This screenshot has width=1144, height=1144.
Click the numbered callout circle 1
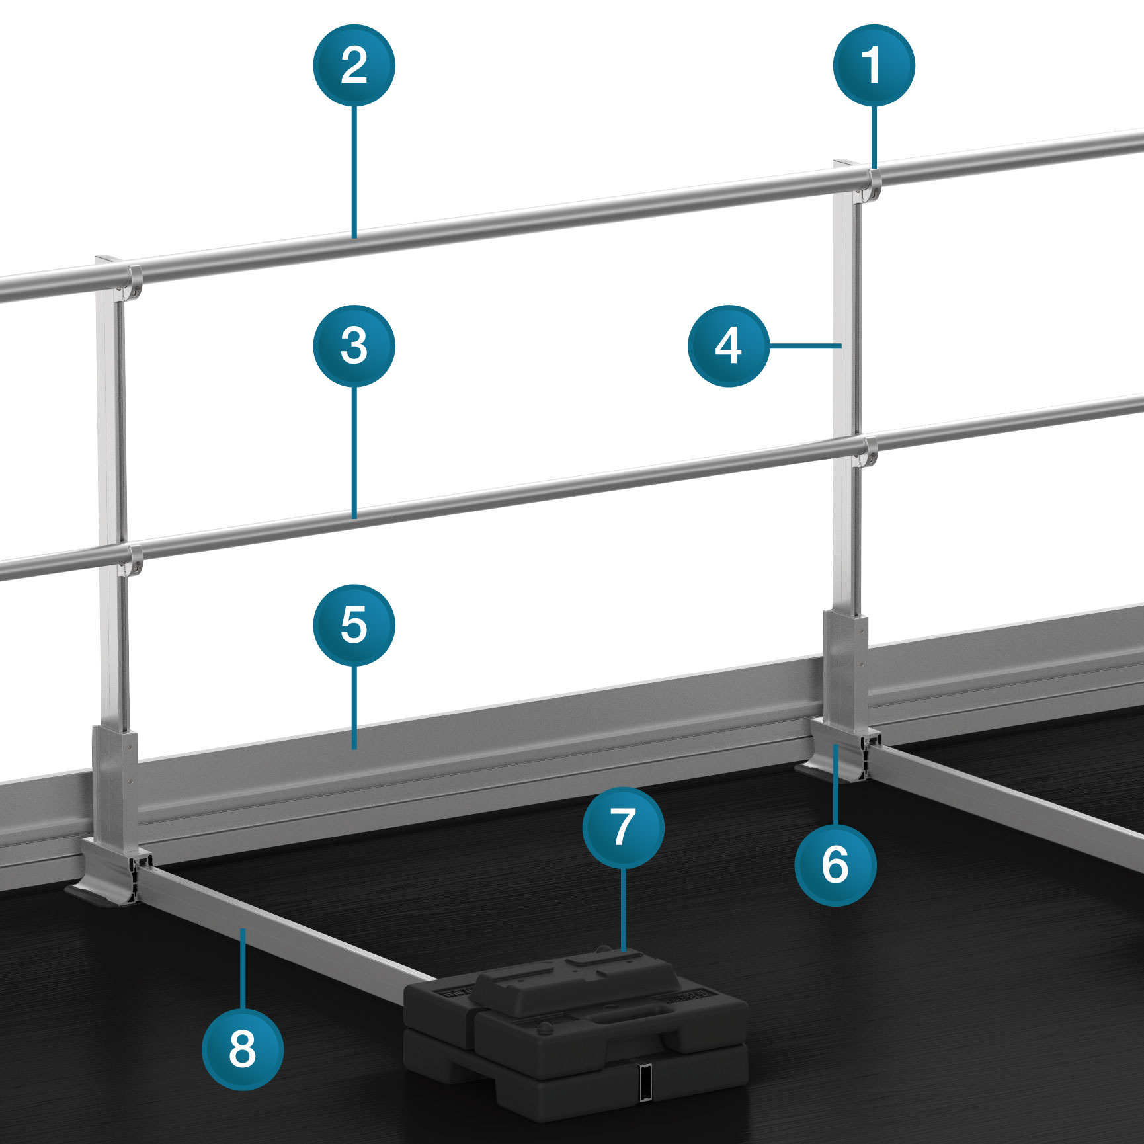pyautogui.click(x=874, y=65)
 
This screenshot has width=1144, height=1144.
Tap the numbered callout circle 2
pyautogui.click(x=354, y=65)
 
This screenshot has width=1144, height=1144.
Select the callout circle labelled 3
pyautogui.click(x=354, y=346)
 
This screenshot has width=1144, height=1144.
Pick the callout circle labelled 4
pyautogui.click(x=729, y=346)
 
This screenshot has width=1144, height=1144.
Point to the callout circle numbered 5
pyautogui.click(x=354, y=625)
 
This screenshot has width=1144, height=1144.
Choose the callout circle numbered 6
pyautogui.click(x=835, y=864)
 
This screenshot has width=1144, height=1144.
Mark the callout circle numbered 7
pyautogui.click(x=624, y=827)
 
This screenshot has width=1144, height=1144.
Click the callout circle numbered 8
pyautogui.click(x=243, y=1049)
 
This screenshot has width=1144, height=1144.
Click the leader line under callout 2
pyautogui.click(x=354, y=172)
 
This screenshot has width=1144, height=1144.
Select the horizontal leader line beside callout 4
pyautogui.click(x=805, y=345)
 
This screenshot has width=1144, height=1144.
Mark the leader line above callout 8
pyautogui.click(x=243, y=969)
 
